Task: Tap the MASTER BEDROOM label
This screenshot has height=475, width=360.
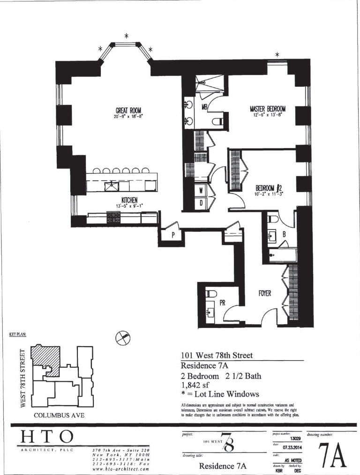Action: [267, 109]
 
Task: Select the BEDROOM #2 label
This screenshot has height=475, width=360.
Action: [265, 188]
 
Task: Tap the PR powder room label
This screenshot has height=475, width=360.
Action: [223, 303]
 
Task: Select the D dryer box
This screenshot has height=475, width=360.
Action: [201, 203]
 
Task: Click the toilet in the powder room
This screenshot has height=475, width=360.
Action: [210, 294]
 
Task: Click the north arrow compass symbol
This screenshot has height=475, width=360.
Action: [123, 337]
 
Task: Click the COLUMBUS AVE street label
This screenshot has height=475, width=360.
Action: [59, 415]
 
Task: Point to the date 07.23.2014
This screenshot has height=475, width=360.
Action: [291, 447]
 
